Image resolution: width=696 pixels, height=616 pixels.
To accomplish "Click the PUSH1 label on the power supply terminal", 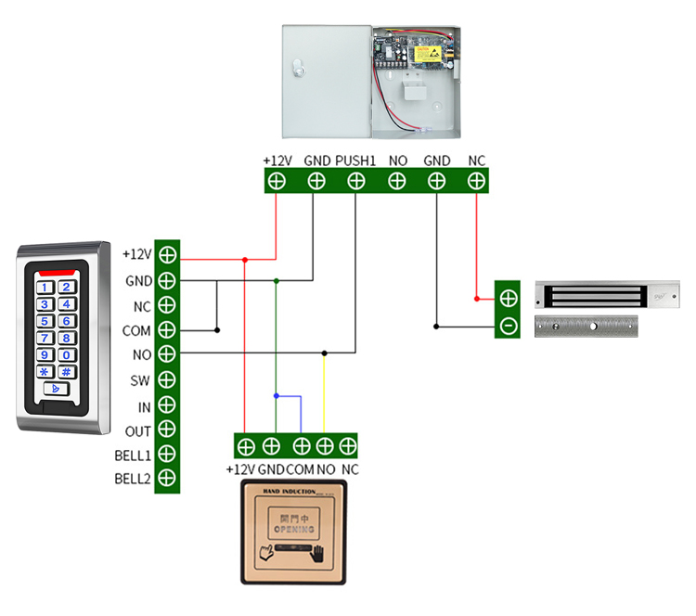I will pyautogui.click(x=355, y=160).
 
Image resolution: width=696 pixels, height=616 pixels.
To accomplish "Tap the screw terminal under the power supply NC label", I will pyautogui.click(x=476, y=181).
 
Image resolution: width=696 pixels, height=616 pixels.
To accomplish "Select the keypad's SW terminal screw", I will pyautogui.click(x=167, y=379).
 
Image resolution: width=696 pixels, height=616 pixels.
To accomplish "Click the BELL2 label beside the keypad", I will pyautogui.click(x=132, y=479).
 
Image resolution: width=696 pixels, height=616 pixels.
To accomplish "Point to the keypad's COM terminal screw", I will pyautogui.click(x=167, y=329).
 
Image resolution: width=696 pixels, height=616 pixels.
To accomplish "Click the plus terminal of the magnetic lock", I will pyautogui.click(x=508, y=298).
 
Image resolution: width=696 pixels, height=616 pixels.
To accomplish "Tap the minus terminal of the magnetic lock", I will pyautogui.click(x=508, y=326).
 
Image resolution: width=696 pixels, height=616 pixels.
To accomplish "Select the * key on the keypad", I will pyautogui.click(x=45, y=371).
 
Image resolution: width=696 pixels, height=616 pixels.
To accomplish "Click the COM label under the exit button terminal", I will pyautogui.click(x=300, y=469).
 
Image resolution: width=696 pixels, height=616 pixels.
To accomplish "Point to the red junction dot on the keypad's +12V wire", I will pyautogui.click(x=245, y=260).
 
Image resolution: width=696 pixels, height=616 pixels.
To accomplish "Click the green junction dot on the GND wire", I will pyautogui.click(x=276, y=279).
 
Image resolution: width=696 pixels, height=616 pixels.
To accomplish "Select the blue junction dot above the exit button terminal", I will pyautogui.click(x=276, y=396).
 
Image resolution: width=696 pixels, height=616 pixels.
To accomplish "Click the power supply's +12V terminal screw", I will pyautogui.click(x=277, y=181).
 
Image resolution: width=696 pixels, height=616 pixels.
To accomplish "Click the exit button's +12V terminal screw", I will pyautogui.click(x=245, y=446).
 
